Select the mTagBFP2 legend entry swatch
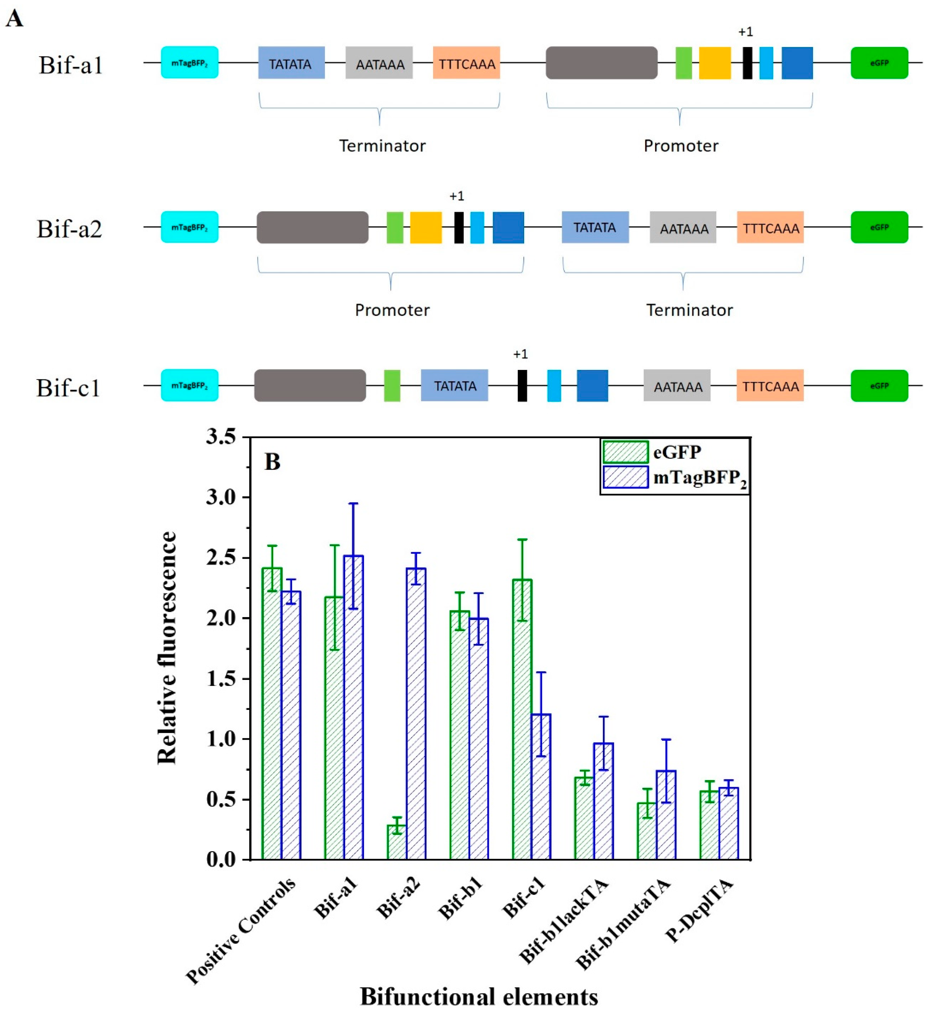(625, 477)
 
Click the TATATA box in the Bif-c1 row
(455, 386)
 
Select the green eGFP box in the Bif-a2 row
(879, 227)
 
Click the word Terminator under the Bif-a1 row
(382, 146)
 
